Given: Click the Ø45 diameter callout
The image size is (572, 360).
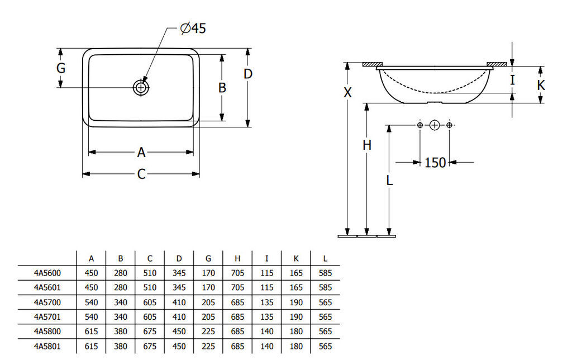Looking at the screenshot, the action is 193,29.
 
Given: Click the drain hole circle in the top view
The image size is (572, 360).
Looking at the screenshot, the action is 141,87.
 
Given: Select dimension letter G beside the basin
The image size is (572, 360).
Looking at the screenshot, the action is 61,68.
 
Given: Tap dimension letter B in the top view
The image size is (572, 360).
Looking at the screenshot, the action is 222,88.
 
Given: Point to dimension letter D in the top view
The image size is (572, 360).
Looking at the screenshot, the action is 247,74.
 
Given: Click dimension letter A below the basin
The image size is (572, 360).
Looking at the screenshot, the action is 141,152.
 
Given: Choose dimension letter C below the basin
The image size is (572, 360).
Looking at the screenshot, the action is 141,174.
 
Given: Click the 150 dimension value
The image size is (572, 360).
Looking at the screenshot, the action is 435,163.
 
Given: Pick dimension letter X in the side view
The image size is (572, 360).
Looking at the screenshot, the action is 347,93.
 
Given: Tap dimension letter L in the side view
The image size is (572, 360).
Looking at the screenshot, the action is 389,180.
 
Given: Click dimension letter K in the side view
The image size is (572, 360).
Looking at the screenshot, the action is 541,86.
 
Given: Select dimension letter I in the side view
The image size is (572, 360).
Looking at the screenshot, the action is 512,80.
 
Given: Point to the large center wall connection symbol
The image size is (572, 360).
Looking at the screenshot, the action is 434,125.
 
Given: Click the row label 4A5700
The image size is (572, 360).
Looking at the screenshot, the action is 47,302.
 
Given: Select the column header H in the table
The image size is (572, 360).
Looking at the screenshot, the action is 237,258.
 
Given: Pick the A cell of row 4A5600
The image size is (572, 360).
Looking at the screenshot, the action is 91,273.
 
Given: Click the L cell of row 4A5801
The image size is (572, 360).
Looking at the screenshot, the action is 325,346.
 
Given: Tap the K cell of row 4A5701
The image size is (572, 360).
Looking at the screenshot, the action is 296,317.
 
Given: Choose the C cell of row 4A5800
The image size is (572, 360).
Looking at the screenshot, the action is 150,331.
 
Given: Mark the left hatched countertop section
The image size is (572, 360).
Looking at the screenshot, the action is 373,65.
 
